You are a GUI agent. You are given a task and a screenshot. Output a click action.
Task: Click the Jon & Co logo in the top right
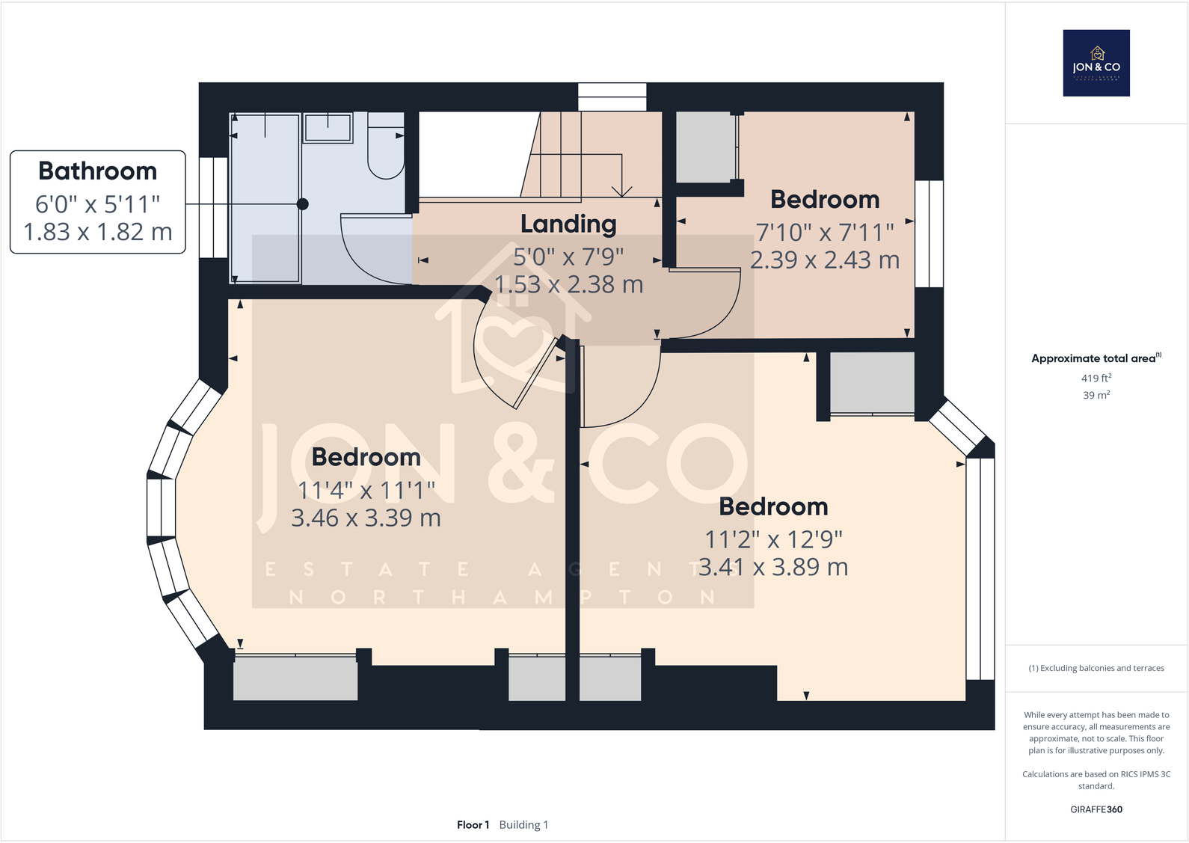click(1096, 63)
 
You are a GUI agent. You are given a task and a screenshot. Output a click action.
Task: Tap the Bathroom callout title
click(98, 171)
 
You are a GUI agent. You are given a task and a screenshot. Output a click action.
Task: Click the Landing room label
click(568, 224)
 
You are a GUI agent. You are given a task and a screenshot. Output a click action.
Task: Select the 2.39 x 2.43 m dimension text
click(825, 260)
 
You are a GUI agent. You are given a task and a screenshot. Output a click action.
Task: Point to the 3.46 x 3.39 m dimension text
click(366, 518)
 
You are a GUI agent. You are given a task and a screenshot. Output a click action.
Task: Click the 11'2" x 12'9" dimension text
click(773, 539)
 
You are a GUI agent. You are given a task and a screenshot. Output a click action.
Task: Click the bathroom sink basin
click(328, 127)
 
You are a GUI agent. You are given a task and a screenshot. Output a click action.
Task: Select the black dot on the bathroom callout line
click(302, 203)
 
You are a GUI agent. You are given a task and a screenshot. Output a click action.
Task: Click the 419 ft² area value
click(1096, 378)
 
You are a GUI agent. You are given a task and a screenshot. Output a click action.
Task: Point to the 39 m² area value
click(1096, 395)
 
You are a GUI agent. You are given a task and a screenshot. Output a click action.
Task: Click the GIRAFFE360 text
click(1096, 809)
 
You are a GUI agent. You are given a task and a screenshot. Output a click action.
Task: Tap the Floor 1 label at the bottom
click(473, 825)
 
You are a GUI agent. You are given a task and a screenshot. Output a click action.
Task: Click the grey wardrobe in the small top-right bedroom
click(704, 147)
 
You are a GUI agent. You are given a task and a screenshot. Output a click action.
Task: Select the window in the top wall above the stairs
click(612, 97)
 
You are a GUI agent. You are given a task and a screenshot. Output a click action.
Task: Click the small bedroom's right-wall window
click(929, 233)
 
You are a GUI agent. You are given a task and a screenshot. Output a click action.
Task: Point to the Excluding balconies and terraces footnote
click(1096, 668)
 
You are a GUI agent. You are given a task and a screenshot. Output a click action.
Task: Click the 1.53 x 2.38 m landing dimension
click(568, 285)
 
